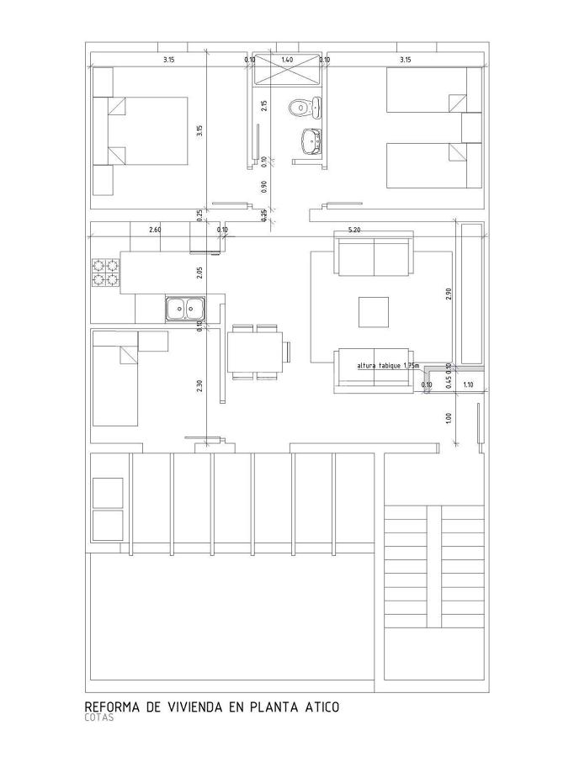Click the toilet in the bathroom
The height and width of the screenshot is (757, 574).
click(x=300, y=108)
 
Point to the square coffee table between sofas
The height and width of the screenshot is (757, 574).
click(x=374, y=311)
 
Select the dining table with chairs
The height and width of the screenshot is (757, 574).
click(x=256, y=351)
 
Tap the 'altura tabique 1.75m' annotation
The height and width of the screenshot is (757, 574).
click(x=387, y=366)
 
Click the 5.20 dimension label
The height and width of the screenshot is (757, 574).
click(x=354, y=230)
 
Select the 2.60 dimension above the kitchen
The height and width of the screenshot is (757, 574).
click(x=155, y=230)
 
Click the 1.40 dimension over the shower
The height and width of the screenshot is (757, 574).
click(x=287, y=60)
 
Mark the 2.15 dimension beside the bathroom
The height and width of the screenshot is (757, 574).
click(x=263, y=105)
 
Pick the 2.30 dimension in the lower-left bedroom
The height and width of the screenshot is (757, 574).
click(x=199, y=385)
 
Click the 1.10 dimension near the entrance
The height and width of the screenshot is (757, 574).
click(x=469, y=385)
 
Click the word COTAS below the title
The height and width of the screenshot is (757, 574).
click(x=99, y=718)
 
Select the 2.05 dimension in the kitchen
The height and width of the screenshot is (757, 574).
click(x=199, y=272)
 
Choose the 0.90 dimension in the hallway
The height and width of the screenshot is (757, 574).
click(x=263, y=187)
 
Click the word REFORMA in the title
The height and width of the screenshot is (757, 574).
click(x=113, y=707)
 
